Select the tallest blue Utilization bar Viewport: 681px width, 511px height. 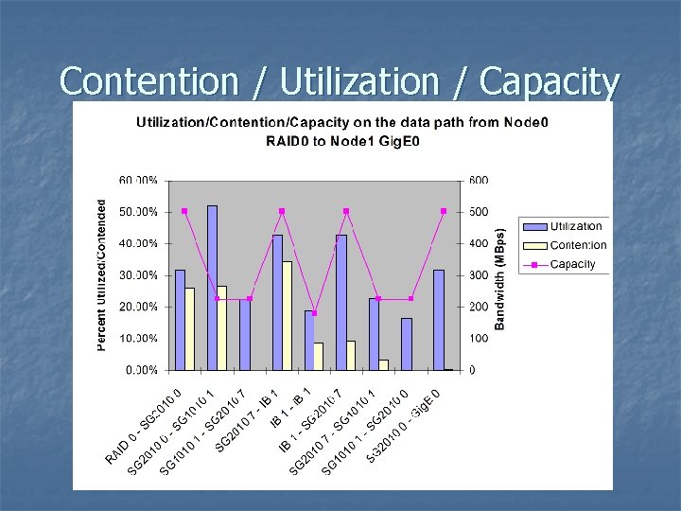212,288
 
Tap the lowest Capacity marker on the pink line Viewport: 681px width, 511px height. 314,312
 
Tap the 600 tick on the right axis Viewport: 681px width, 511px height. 480,180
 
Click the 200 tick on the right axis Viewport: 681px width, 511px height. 480,307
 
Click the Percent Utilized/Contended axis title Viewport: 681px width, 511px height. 102,274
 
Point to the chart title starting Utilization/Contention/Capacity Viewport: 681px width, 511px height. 343,132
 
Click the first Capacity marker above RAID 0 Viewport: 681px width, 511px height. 184,211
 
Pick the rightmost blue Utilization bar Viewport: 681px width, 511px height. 438,320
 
